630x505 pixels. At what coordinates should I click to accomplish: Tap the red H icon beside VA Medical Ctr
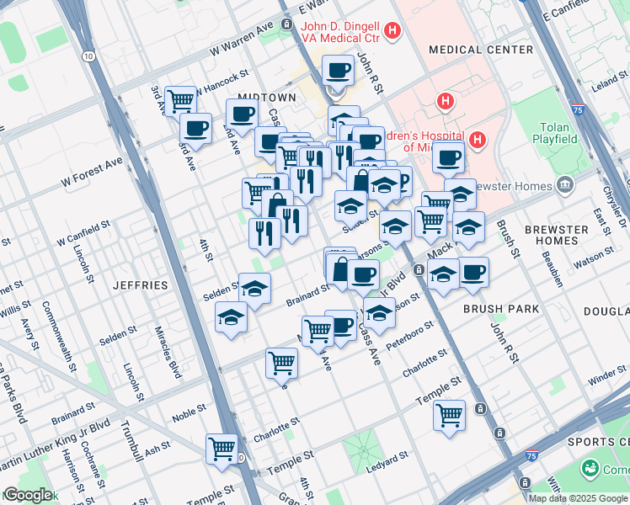pos(391,32)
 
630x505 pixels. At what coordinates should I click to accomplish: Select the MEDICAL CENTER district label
pos(481,50)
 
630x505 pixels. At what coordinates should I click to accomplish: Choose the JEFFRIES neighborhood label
pos(141,285)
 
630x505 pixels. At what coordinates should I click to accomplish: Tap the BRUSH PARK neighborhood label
pos(501,309)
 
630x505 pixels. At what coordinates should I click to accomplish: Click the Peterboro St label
pos(409,333)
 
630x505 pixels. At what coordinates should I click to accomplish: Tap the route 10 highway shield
pos(88,56)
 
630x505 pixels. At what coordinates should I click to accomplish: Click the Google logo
pos(28,495)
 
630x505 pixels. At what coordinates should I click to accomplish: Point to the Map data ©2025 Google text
pos(578,497)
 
